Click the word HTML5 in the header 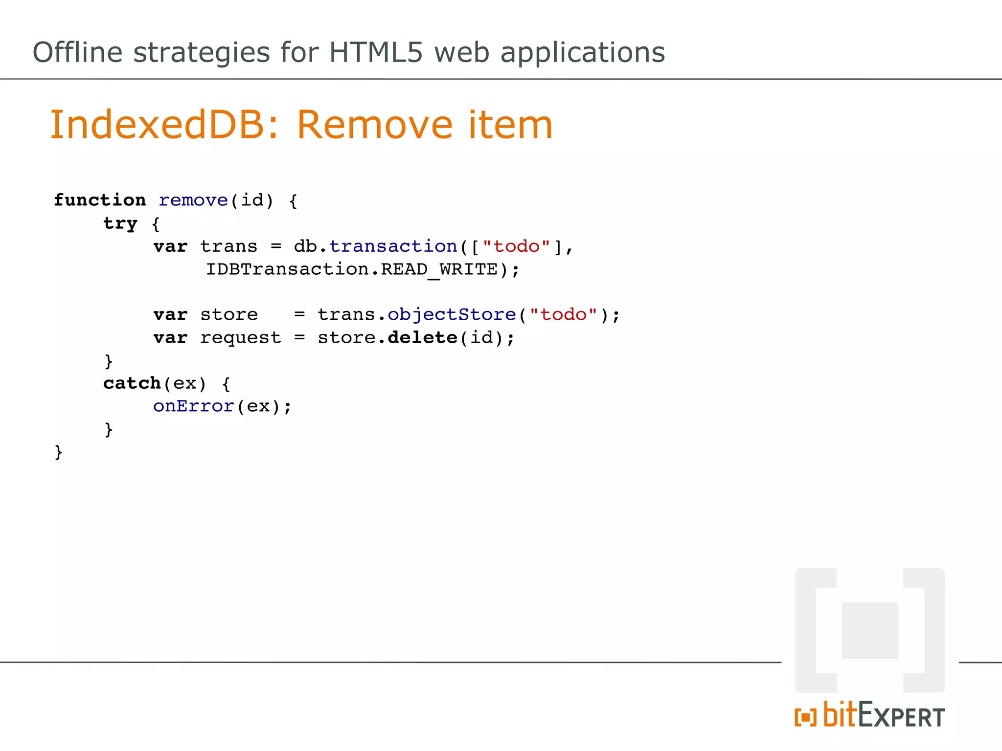click(x=375, y=52)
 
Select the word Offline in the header click(x=77, y=52)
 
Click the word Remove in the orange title click(x=375, y=125)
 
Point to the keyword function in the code click(x=100, y=200)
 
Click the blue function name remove click(x=193, y=200)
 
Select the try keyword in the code click(x=120, y=223)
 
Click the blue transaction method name click(x=393, y=246)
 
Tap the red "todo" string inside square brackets click(x=516, y=246)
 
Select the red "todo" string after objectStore click(x=563, y=314)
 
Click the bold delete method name click(x=422, y=337)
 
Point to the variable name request click(x=241, y=337)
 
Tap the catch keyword click(x=132, y=383)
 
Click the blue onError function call click(x=194, y=406)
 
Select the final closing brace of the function click(x=59, y=452)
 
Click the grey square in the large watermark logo click(x=870, y=630)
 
